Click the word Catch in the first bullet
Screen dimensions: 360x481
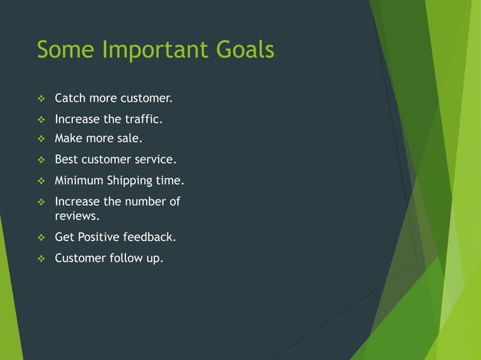[70, 99]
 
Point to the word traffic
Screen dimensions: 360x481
[143, 119]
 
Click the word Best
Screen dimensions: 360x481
[67, 160]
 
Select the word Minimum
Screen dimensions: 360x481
[80, 181]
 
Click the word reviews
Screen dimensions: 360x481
[77, 217]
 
